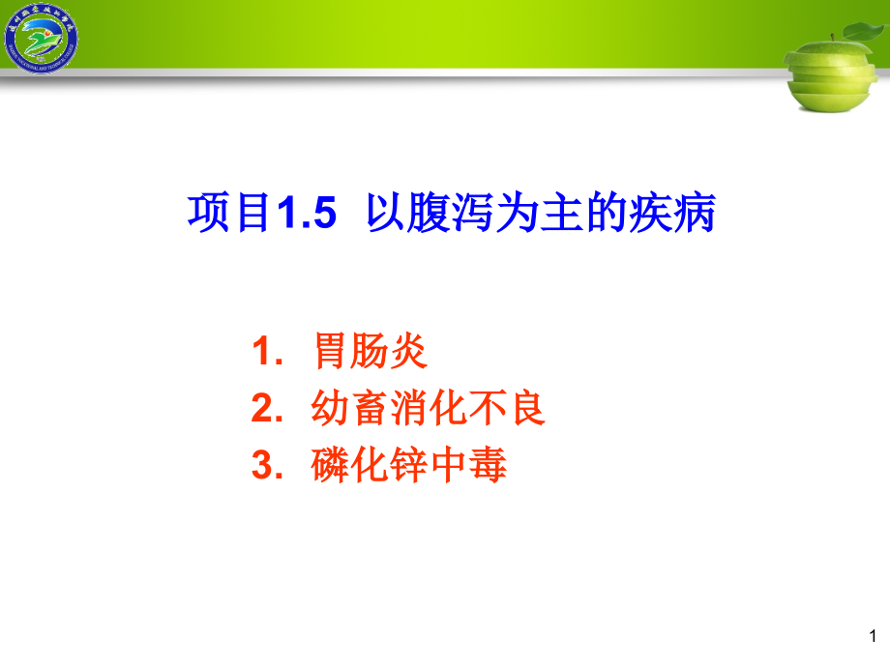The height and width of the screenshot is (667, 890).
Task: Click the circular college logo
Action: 42,40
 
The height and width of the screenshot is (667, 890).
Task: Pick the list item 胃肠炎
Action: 369,352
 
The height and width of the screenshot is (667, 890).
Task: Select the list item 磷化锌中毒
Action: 408,467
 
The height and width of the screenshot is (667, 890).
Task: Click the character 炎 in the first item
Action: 408,352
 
